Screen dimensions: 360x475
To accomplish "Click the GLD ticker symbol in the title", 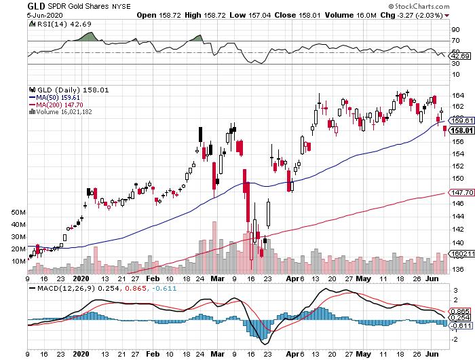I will point(36,5).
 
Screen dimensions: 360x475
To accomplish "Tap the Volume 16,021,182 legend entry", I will point(60,112).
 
